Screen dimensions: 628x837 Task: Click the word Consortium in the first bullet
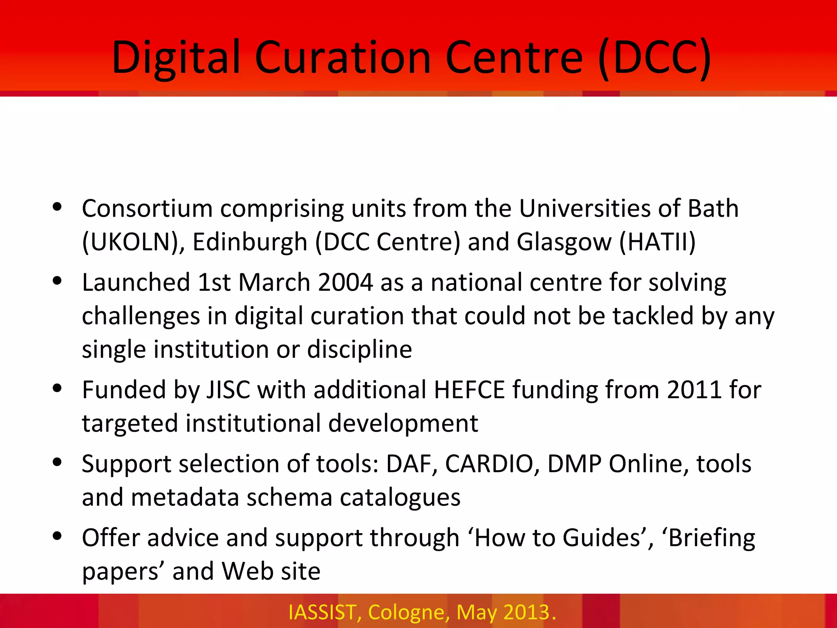tap(147, 209)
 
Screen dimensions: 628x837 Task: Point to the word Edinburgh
tap(250, 242)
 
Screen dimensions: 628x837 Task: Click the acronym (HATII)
tap(657, 242)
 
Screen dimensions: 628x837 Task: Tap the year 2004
tap(345, 283)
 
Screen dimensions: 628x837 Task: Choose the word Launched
tap(136, 283)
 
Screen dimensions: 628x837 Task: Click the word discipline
tap(360, 350)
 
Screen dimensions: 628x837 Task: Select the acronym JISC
tap(228, 390)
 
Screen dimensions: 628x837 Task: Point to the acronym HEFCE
tap(469, 390)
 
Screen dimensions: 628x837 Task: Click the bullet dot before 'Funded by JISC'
tap(57, 388)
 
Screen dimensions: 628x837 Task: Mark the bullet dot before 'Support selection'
tap(57, 462)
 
